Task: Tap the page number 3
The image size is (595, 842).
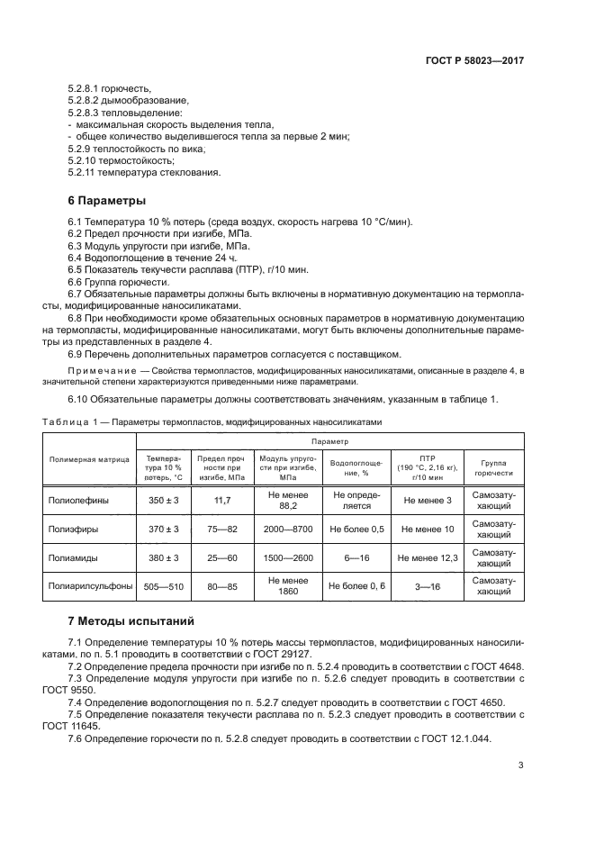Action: click(520, 765)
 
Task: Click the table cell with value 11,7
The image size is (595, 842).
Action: click(222, 500)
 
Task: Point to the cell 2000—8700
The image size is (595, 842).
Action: click(287, 529)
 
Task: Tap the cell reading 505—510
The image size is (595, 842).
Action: click(163, 587)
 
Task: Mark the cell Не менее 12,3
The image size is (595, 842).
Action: click(428, 558)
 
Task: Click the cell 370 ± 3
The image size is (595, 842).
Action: click(163, 529)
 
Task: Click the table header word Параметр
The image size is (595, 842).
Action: click(330, 441)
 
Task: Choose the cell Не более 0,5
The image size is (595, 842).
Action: click(357, 529)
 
